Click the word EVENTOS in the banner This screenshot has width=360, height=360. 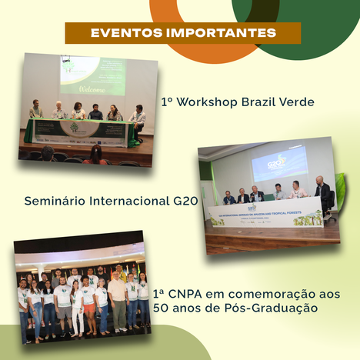pos(125,33)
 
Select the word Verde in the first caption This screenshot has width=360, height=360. pos(297,102)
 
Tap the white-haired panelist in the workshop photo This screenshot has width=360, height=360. pos(59,111)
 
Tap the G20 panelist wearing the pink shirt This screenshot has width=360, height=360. pos(297,190)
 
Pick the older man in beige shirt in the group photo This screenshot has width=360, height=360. pos(116,296)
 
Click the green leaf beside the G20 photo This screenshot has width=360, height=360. pos(341,192)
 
